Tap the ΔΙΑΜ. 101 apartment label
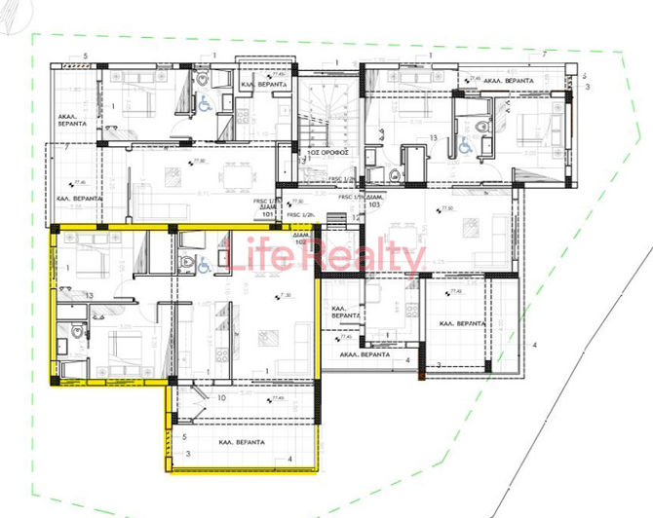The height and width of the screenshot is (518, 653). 266,207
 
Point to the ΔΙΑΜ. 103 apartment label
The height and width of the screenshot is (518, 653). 372,203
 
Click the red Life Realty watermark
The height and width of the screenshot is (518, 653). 326,258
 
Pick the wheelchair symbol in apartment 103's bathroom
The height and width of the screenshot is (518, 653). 464,145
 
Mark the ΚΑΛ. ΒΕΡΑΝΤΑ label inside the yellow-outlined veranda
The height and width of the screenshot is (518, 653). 236,442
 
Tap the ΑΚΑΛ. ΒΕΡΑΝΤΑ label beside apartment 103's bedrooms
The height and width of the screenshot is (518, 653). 507,81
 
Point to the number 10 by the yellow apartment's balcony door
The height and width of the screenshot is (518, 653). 221,397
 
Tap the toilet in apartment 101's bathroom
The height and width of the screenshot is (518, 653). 202,78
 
